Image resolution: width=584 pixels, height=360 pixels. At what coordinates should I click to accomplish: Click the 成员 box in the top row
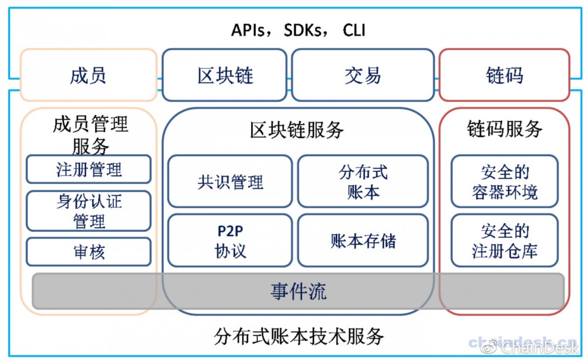pyautogui.click(x=88, y=75)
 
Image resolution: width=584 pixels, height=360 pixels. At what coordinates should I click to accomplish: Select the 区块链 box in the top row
pyautogui.click(x=225, y=75)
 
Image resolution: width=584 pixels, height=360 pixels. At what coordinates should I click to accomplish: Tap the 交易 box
pyautogui.click(x=363, y=75)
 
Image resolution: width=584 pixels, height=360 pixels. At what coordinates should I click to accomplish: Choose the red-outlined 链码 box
pyautogui.click(x=504, y=75)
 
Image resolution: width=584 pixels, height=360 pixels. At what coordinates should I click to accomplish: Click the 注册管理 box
pyautogui.click(x=89, y=169)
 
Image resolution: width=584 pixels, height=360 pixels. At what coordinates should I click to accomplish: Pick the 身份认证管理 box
pyautogui.click(x=89, y=211)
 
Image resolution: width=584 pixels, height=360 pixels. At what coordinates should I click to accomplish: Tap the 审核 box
pyautogui.click(x=89, y=252)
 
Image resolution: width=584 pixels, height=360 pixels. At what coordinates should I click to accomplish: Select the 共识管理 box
pyautogui.click(x=230, y=181)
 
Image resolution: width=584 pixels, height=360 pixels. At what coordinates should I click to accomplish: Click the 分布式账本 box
pyautogui.click(x=363, y=181)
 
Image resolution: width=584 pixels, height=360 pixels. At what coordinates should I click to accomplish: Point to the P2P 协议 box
pyautogui.click(x=230, y=240)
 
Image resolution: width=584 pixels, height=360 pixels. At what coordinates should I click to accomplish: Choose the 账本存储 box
pyautogui.click(x=363, y=240)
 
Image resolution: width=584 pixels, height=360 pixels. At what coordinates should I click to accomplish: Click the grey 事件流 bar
pyautogui.click(x=298, y=291)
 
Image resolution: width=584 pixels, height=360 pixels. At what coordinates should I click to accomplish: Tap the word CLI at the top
pyautogui.click(x=354, y=30)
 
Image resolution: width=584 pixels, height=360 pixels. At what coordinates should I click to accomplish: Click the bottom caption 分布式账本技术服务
pyautogui.click(x=299, y=336)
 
